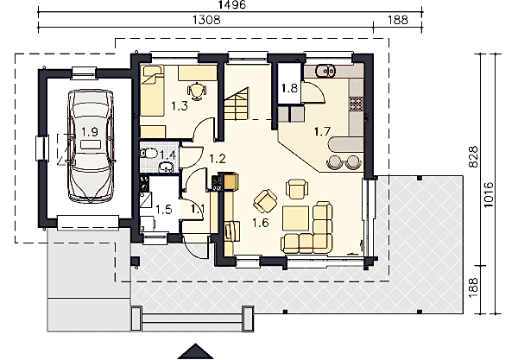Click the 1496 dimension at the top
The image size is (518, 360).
[232, 4]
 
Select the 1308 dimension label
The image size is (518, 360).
[206, 20]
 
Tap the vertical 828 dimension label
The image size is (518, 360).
[473, 157]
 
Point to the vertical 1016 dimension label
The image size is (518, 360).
[489, 194]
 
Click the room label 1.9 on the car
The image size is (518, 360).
[90, 132]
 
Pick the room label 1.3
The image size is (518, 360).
[180, 106]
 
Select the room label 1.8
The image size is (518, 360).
[289, 88]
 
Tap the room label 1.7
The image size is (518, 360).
[322, 132]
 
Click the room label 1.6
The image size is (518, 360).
[261, 223]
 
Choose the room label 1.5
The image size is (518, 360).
[164, 210]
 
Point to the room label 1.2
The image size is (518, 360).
[218, 159]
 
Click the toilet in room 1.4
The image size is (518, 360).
[148, 154]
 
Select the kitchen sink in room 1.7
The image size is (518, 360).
[325, 70]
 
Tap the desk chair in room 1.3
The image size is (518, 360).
[197, 91]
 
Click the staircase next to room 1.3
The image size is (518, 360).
[237, 104]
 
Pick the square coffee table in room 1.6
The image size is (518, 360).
[295, 218]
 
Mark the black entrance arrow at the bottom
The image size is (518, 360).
[196, 351]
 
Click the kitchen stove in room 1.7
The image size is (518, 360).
[356, 104]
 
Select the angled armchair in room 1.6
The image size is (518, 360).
[265, 201]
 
